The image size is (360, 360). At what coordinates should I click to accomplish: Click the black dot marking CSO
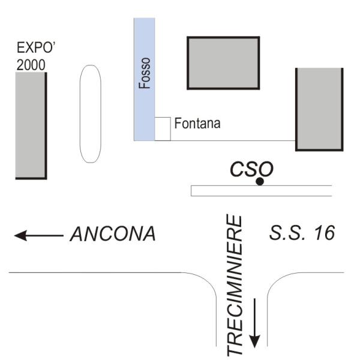[260, 181]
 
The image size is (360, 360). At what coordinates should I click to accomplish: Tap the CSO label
[251, 169]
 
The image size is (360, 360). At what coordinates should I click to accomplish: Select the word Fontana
[197, 123]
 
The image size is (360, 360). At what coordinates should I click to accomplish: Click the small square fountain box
[163, 129]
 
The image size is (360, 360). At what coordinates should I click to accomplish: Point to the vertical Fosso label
[145, 73]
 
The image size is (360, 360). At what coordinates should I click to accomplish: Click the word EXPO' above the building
[36, 47]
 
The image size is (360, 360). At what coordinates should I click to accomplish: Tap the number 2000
[31, 65]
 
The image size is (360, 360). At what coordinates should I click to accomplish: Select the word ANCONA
[113, 234]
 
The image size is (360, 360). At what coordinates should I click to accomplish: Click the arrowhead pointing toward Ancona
[20, 236]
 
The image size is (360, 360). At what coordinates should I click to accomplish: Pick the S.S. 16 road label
[302, 233]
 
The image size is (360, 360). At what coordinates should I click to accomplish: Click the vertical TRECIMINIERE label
[235, 284]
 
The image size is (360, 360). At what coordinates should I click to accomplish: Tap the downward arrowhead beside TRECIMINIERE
[254, 341]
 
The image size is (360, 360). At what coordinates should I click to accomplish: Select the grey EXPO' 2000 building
[31, 125]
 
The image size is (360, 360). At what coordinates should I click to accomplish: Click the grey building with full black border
[223, 63]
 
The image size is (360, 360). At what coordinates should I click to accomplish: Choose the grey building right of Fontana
[319, 109]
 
